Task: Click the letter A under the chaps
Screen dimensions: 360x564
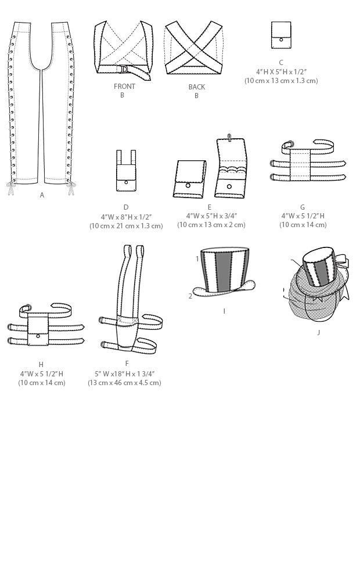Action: point(42,195)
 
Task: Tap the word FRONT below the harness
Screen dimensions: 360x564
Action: point(124,87)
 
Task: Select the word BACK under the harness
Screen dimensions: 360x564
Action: point(197,87)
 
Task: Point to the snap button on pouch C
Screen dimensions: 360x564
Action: point(281,40)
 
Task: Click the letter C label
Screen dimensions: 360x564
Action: point(281,63)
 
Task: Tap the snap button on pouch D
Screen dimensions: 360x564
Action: point(126,182)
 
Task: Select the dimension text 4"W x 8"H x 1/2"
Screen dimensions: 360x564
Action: point(126,217)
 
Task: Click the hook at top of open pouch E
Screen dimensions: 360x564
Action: point(229,138)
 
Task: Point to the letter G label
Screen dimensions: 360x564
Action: point(303,207)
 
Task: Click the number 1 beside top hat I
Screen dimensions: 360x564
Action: point(197,258)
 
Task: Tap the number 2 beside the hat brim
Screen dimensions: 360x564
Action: point(190,296)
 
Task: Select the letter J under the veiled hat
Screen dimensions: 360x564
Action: point(318,332)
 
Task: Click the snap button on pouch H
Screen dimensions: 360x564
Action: point(38,336)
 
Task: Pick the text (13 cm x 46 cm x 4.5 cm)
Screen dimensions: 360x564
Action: point(124,383)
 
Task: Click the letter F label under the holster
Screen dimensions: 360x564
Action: point(127,364)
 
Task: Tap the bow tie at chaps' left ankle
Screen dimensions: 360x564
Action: point(10,188)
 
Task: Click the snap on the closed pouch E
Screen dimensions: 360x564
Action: point(188,186)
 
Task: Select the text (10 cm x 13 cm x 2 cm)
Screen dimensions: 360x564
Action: point(211,225)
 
